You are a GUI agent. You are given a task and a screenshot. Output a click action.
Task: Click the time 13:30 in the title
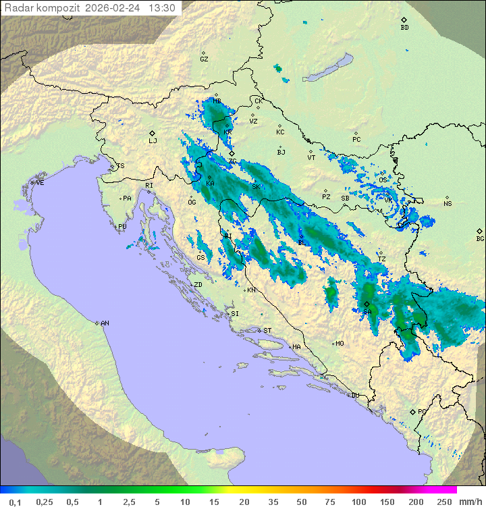(x=161, y=8)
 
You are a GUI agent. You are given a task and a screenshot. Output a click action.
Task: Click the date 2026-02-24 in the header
(x=113, y=8)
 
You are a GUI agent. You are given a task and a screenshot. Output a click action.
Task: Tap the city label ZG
(x=232, y=161)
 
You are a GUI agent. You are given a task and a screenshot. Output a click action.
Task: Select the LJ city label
(x=153, y=141)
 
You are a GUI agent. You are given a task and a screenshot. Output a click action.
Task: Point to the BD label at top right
(x=404, y=28)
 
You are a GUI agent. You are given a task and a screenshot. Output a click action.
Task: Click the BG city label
(x=480, y=238)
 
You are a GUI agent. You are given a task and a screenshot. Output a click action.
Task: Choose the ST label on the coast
(x=267, y=330)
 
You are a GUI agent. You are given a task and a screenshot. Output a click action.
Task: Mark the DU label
(x=354, y=396)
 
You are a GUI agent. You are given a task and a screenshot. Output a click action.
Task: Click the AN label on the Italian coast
(x=105, y=323)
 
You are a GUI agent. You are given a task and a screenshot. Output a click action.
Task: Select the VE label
(x=40, y=182)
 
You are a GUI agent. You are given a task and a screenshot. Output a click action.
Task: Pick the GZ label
(x=204, y=59)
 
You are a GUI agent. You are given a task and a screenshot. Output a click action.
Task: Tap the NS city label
(x=448, y=203)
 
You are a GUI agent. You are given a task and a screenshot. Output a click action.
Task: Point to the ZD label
(x=198, y=285)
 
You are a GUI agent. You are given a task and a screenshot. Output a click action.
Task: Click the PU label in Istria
(x=122, y=227)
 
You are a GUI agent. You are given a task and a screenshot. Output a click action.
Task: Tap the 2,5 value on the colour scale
(x=128, y=502)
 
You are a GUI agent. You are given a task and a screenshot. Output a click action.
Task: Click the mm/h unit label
(x=469, y=502)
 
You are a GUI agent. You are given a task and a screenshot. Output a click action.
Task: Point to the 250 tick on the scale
(x=443, y=502)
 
